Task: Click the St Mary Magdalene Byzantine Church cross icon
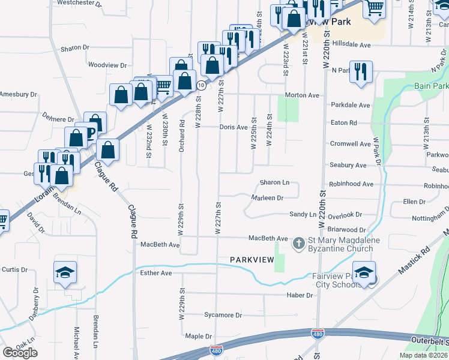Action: coord(299,244)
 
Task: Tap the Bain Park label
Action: coord(431,86)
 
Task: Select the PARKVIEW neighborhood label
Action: coord(252,259)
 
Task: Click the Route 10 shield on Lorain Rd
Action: coord(202,86)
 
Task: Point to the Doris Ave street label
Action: coord(234,127)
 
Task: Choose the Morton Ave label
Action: coord(302,95)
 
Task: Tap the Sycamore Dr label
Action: coord(223,315)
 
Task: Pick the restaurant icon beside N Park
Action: coord(361,71)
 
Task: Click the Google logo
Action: coord(20,353)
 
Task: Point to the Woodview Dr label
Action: coord(107,65)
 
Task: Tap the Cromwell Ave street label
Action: coord(351,144)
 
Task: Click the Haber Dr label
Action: coord(300,295)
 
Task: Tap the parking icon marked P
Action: coord(91,132)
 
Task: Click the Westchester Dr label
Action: coord(79,3)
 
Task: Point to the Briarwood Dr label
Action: coord(346,230)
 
